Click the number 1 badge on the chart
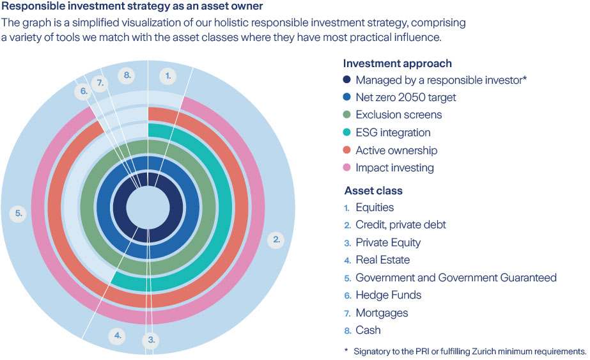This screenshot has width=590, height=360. point(167,75)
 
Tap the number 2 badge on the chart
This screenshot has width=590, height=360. point(277,240)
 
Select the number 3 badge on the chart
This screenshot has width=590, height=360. point(151,340)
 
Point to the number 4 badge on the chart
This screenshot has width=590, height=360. point(116,334)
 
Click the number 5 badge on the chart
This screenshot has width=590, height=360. point(19,214)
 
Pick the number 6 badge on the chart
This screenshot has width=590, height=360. point(84,91)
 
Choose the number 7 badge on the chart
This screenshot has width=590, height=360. point(99,83)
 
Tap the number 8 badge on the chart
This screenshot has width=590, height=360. point(127,75)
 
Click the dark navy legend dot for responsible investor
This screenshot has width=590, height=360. point(347,81)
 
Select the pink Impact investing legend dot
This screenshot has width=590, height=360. point(347,168)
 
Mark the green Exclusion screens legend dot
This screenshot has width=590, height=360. point(347,115)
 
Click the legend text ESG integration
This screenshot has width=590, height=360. point(392,133)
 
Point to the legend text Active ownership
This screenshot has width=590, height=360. point(396,150)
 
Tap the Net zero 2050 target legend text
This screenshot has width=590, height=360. point(406,98)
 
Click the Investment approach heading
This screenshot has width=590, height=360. point(397,63)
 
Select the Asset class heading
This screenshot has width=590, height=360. point(373,191)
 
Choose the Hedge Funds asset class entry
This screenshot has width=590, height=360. point(388,295)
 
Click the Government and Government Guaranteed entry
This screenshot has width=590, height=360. point(456,278)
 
